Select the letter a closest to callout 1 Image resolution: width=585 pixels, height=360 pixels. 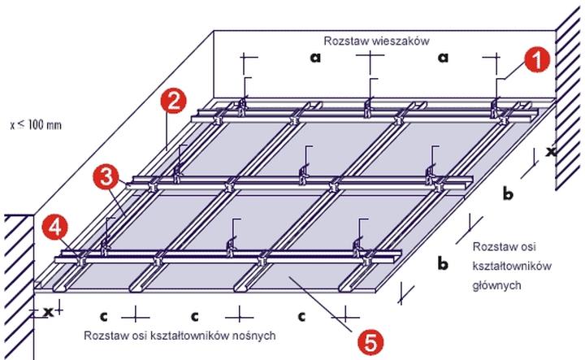click(x=444, y=57)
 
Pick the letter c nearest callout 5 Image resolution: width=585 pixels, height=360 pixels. click(x=300, y=313)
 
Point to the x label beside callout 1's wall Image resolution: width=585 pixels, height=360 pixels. click(x=550, y=150)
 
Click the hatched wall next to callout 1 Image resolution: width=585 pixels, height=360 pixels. click(x=569, y=98)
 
